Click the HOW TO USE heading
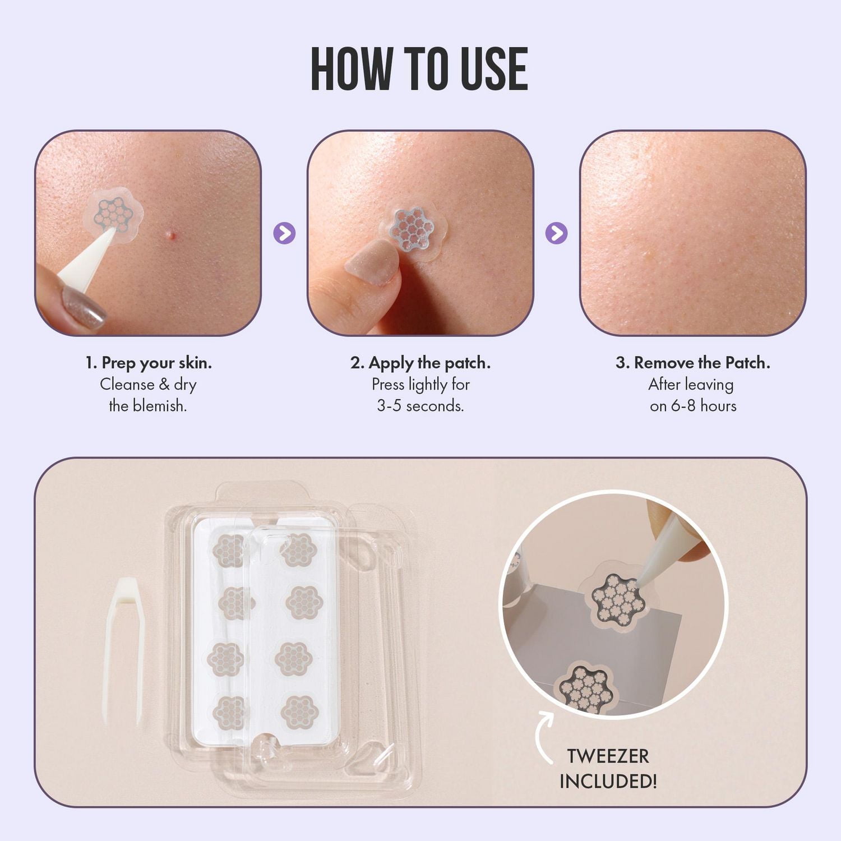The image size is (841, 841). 419,69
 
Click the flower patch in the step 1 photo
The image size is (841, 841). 113,214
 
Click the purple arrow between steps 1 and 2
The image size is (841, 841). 284,233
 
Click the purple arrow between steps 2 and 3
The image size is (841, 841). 556,233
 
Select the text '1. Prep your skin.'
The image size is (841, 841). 149,363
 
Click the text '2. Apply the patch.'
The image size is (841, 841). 420,363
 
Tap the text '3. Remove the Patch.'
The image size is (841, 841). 693,363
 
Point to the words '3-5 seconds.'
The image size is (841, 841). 420,405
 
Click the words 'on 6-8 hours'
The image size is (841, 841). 693,405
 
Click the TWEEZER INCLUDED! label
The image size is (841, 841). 608,768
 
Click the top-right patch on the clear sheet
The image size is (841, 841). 295,550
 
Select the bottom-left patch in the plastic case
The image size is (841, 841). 229,711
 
